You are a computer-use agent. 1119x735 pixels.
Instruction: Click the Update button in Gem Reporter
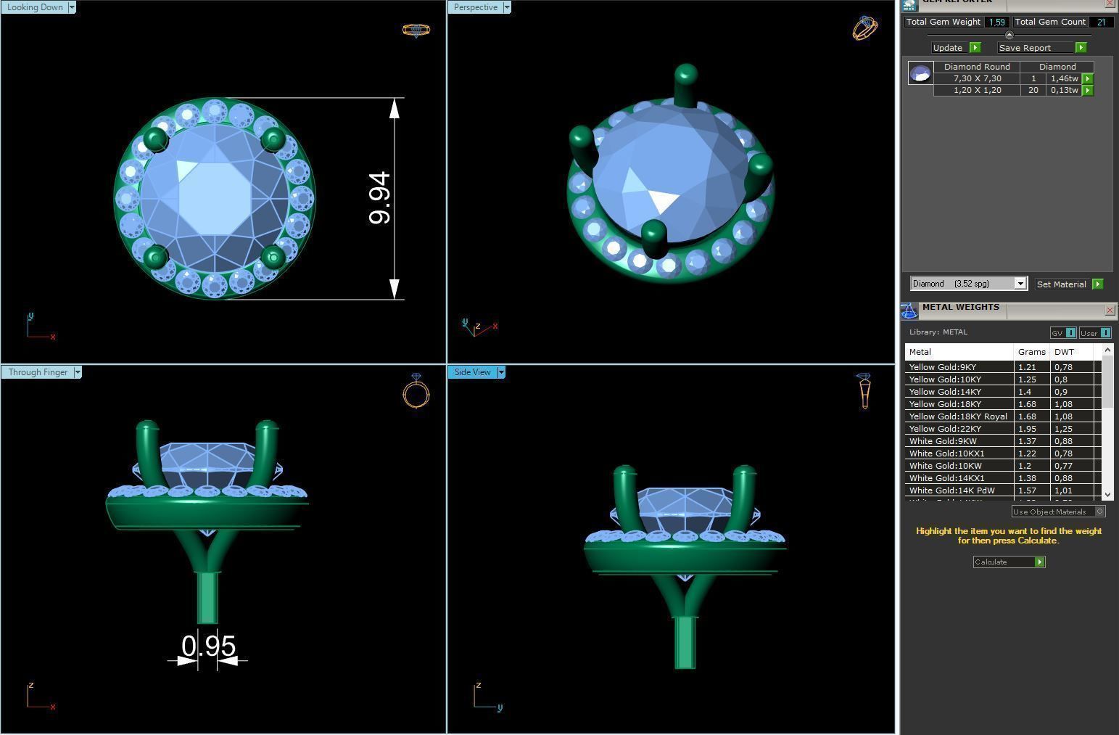point(948,48)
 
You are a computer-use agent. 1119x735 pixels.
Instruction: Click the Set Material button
point(1062,284)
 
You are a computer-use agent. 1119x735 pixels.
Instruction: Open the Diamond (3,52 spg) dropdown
point(1020,284)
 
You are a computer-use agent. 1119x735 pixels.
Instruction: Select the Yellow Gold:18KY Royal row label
point(958,416)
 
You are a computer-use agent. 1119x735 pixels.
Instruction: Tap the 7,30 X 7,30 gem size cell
point(977,78)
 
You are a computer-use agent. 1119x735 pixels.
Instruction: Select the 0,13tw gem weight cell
point(1064,91)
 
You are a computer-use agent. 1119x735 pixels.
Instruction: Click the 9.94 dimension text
point(380,198)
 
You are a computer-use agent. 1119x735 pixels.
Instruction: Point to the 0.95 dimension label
point(209,646)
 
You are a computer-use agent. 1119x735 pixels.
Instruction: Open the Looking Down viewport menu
point(71,7)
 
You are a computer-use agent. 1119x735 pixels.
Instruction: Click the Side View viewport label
point(472,372)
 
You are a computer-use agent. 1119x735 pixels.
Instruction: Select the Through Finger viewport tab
point(38,372)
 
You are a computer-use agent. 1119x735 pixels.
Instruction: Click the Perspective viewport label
point(476,7)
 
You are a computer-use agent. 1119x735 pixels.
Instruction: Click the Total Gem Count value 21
point(1101,22)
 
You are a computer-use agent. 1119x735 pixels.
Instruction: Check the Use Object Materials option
point(1099,512)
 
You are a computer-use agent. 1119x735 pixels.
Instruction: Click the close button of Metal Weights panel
point(1110,311)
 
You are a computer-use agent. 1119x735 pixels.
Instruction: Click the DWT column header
point(1064,352)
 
